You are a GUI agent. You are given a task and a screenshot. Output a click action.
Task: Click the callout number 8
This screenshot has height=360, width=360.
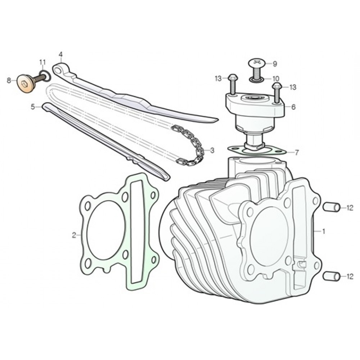tap(9, 81)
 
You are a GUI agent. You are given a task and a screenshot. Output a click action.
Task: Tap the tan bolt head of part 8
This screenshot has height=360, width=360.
tap(25, 84)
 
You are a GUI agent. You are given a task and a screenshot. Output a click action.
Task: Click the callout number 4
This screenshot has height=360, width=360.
tap(60, 55)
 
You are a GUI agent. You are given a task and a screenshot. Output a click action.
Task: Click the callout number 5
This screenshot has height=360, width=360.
tap(33, 107)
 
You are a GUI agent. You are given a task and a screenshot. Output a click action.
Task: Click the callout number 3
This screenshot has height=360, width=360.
tap(212, 150)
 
